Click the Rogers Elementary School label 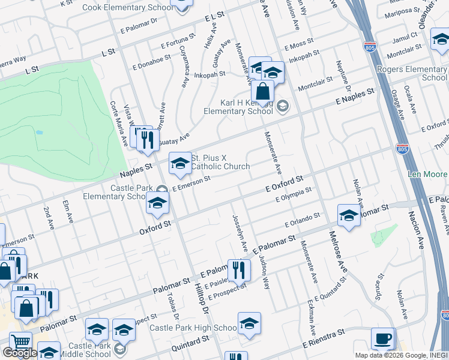click(x=412, y=73)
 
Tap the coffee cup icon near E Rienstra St click(x=383, y=339)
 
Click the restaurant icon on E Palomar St click(x=239, y=271)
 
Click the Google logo click(x=19, y=353)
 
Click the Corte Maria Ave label click(x=119, y=131)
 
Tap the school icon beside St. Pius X click(x=179, y=164)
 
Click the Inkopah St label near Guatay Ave click(x=209, y=75)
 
